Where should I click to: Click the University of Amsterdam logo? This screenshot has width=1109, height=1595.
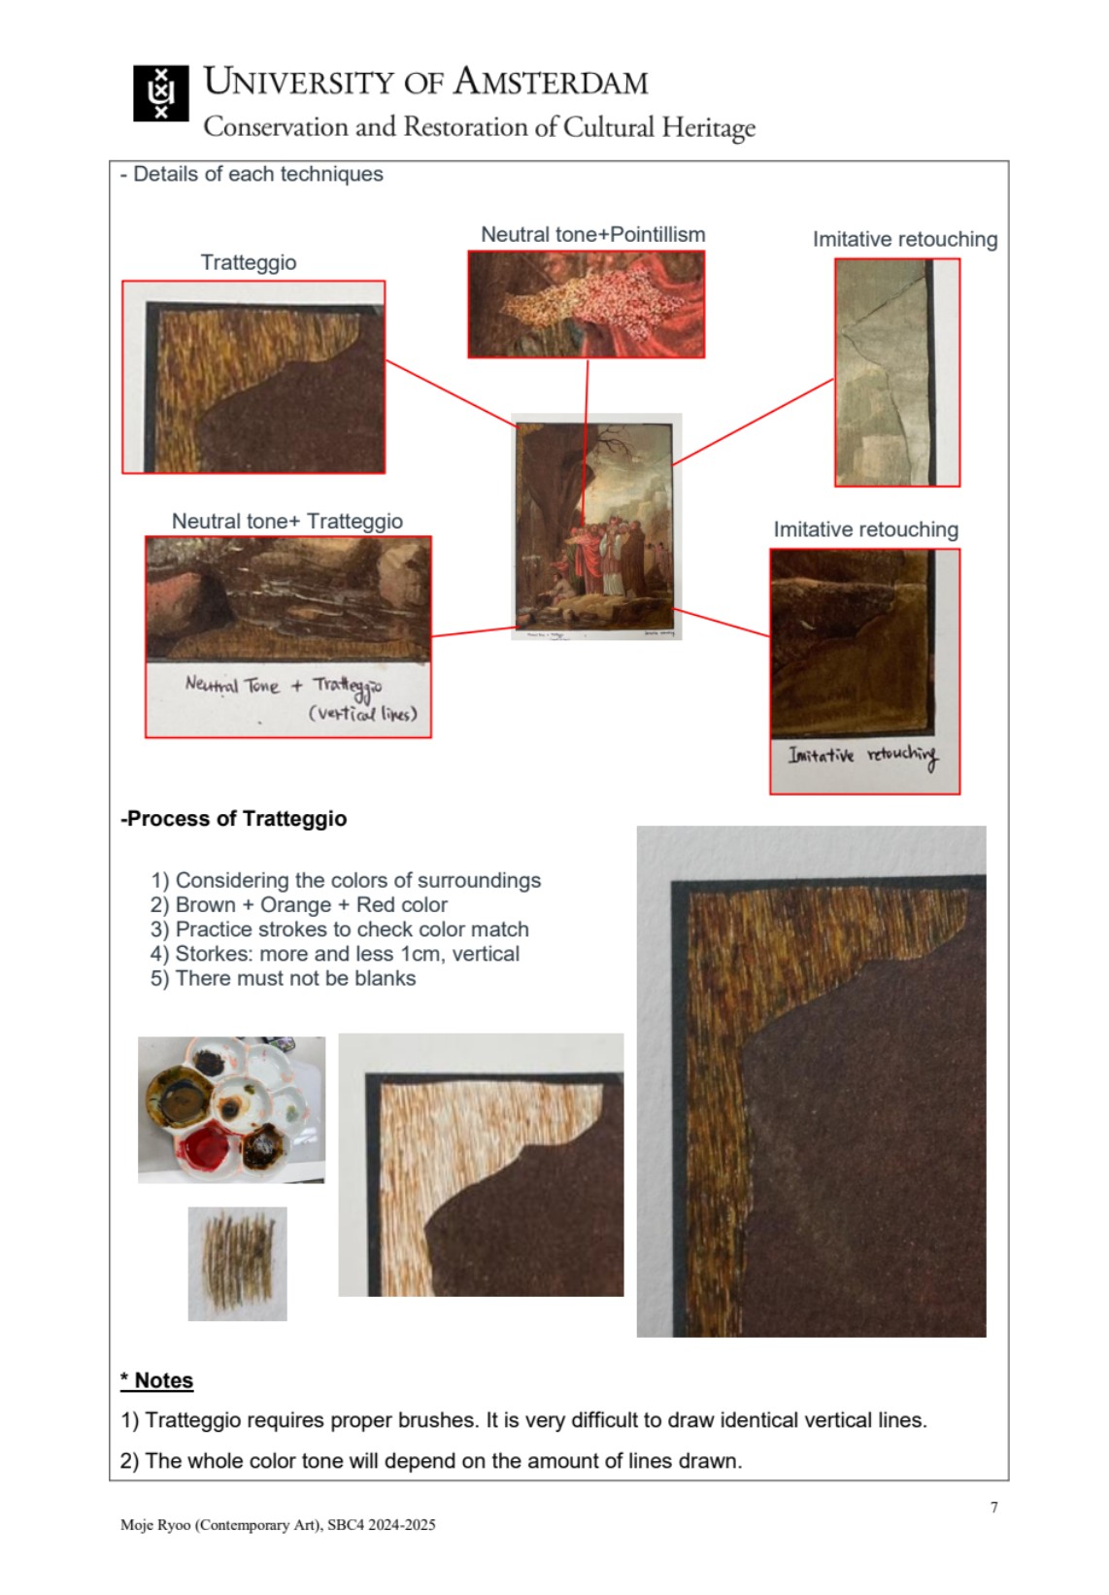161,92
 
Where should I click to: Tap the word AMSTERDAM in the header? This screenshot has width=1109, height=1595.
551,83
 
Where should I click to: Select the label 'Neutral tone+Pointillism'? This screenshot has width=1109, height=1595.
593,234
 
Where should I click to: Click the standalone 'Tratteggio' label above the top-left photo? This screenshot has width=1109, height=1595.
249,262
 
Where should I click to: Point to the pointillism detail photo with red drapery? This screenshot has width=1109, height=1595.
586,304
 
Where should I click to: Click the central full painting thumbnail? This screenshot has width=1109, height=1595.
596,526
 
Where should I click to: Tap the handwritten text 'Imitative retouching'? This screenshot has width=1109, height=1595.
862,756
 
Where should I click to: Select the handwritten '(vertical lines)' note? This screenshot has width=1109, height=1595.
363,713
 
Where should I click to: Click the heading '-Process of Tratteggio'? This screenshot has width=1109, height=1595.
234,818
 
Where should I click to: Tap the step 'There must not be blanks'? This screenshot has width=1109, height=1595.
284,978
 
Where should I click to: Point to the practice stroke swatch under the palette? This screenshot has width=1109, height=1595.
238,1263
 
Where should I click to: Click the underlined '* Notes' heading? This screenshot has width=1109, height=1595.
157,1380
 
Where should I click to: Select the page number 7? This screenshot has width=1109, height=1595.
993,1507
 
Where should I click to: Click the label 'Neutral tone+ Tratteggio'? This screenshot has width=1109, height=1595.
286,522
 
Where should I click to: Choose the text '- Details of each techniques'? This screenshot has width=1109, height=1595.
252,174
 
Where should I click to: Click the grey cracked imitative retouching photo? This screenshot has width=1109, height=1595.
897,372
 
